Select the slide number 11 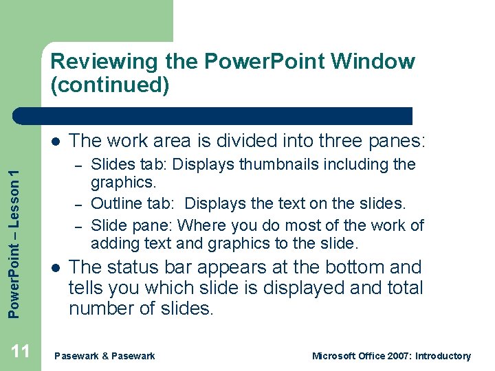[x=21, y=352]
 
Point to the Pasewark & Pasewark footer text [x=104, y=356]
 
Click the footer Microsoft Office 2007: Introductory [x=391, y=356]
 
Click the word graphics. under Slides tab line [x=124, y=183]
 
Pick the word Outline [x=115, y=204]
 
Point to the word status [x=133, y=267]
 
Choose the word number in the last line [x=100, y=308]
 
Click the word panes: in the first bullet [x=400, y=141]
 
